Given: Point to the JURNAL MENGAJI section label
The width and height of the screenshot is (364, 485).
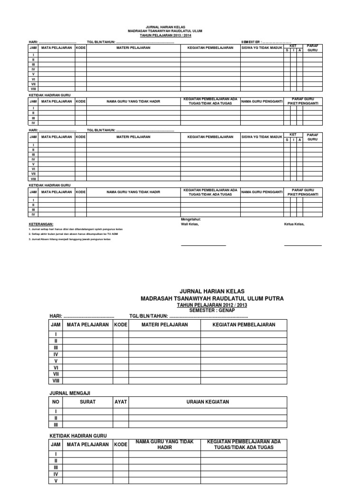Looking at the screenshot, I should [x=70, y=393].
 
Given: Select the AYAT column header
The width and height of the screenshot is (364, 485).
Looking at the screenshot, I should [x=120, y=402].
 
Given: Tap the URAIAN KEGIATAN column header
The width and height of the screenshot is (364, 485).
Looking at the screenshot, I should [x=207, y=402].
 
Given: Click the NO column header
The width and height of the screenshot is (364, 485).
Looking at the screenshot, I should [x=56, y=402].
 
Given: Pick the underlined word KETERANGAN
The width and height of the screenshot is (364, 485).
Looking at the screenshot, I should [x=42, y=224].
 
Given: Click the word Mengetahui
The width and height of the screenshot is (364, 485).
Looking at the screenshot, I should [x=191, y=219].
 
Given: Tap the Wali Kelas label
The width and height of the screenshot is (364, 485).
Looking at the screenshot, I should [x=190, y=224].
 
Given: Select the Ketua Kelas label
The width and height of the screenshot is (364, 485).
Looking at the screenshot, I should [x=294, y=224].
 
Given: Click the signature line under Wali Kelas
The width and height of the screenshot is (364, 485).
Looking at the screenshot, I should [x=203, y=246].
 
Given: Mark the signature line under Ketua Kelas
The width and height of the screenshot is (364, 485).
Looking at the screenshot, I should [x=302, y=246].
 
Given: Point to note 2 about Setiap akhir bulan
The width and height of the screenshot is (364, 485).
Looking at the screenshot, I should [x=68, y=234].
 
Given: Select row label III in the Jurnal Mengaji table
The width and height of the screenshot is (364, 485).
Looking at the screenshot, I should [x=56, y=425].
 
